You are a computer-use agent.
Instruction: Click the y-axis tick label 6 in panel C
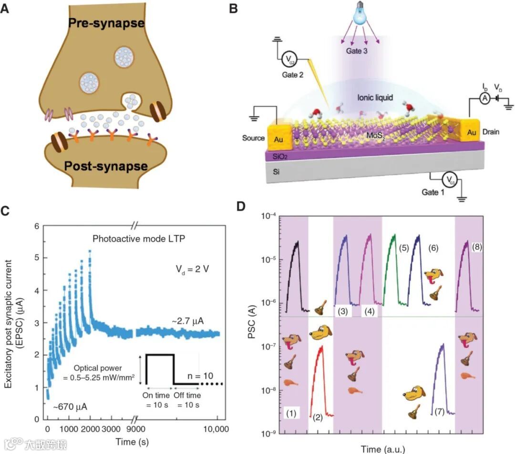click(x=36, y=226)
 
